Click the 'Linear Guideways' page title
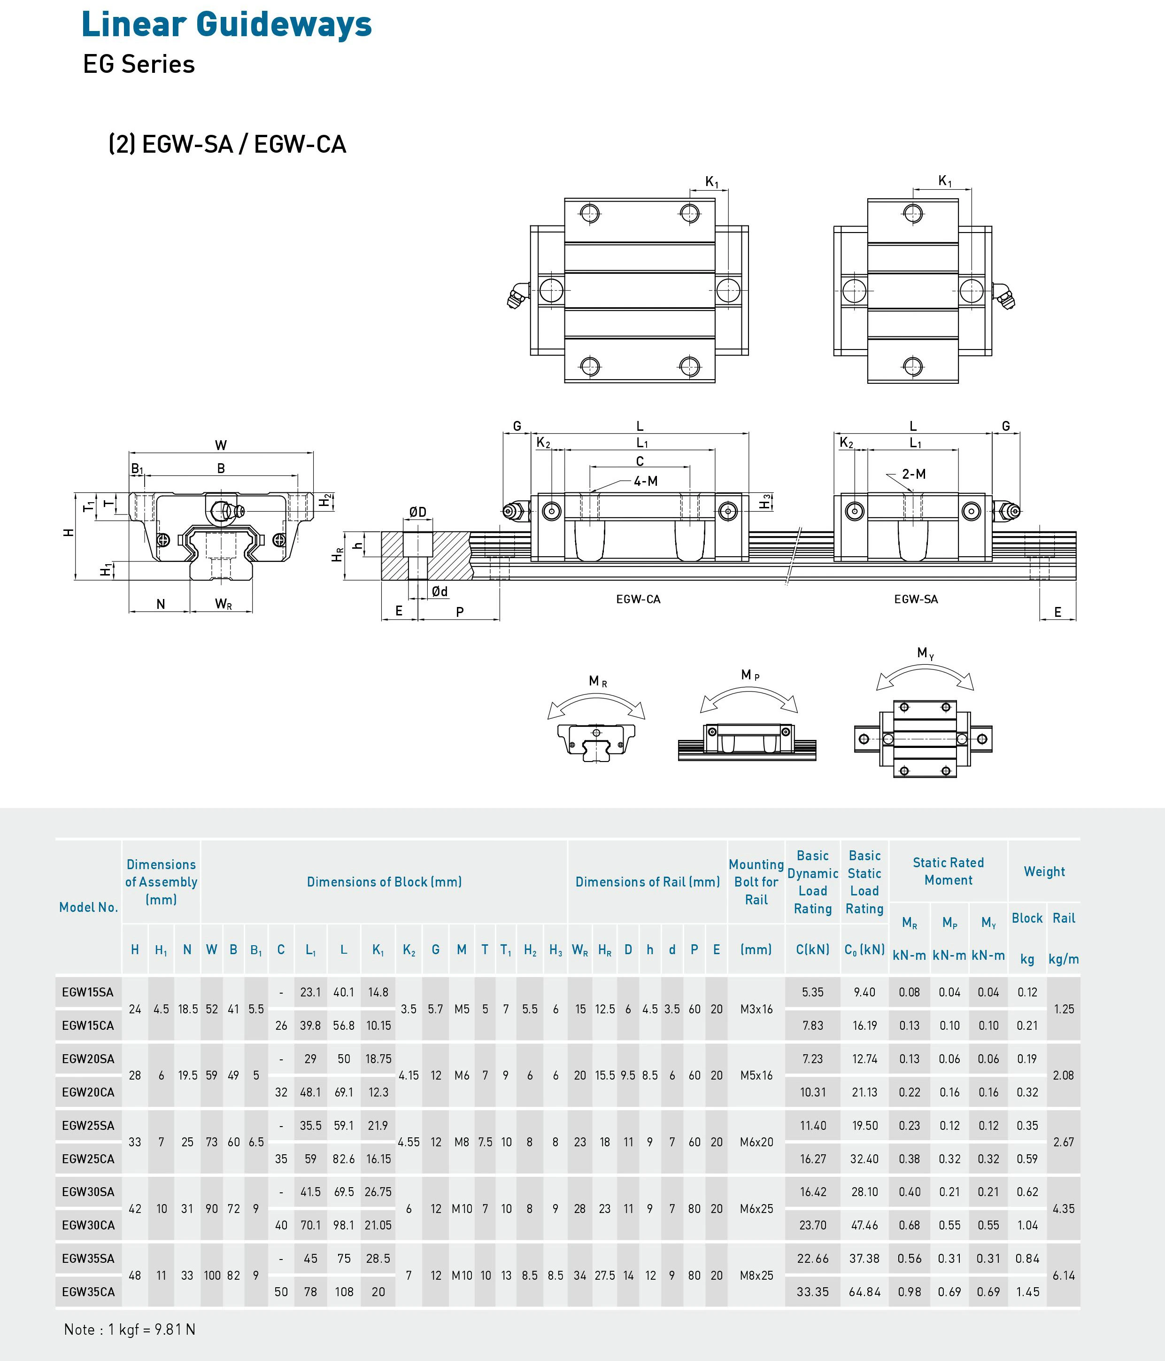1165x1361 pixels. click(x=226, y=25)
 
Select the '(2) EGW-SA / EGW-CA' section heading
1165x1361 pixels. click(x=227, y=144)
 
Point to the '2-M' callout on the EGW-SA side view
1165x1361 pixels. click(x=913, y=474)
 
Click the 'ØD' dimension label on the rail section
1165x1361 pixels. click(x=417, y=512)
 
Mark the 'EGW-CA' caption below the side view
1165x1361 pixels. click(x=638, y=599)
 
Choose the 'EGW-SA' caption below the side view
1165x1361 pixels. click(x=916, y=599)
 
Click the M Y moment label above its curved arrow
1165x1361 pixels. click(x=926, y=653)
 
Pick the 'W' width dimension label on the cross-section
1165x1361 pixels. click(x=221, y=445)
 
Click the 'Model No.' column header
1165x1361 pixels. click(x=88, y=907)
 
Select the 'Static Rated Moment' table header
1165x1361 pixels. click(x=948, y=871)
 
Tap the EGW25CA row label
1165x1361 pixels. click(x=88, y=1159)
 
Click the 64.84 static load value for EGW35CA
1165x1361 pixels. click(x=864, y=1292)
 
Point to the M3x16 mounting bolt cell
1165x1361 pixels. click(x=756, y=1009)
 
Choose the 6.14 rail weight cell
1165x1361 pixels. click(x=1063, y=1275)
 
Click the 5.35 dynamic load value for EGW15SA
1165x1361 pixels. click(x=812, y=992)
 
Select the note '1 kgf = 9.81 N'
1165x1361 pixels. click(x=130, y=1330)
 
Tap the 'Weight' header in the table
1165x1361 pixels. click(x=1044, y=871)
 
